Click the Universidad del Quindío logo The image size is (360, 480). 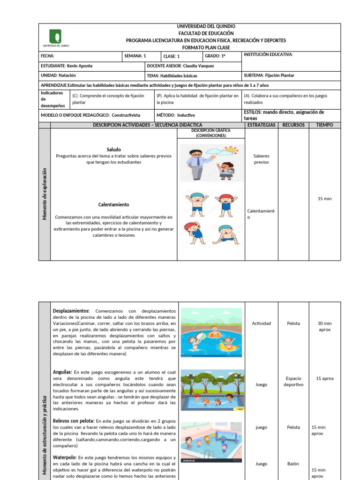[x=55, y=37]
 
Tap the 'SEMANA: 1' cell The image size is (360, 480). [x=135, y=56]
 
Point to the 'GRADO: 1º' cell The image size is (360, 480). [x=215, y=56]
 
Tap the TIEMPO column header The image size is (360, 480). [x=324, y=125]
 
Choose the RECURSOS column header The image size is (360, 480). [x=293, y=125]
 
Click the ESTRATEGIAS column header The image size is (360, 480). [x=262, y=125]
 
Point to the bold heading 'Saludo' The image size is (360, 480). [x=114, y=150]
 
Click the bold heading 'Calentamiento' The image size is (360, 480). [x=113, y=205]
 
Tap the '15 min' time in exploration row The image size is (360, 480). [x=324, y=199]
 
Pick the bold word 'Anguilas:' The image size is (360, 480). [x=62, y=372]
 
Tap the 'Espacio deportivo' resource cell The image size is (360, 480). [x=293, y=382]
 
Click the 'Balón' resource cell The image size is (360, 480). [x=293, y=464]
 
